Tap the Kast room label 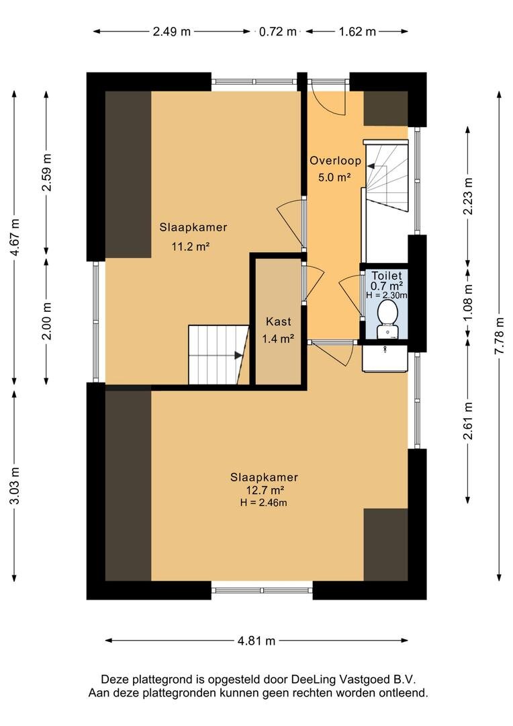[x=279, y=321]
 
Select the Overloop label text [x=335, y=161]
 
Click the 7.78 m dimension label [x=499, y=336]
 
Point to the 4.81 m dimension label [x=256, y=641]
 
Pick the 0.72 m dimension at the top [x=277, y=32]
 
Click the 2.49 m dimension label [x=172, y=32]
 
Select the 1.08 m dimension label [x=469, y=301]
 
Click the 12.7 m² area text [x=264, y=490]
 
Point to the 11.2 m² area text [x=191, y=246]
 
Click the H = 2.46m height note [x=264, y=503]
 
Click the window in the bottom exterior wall [x=262, y=590]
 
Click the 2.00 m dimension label [x=46, y=321]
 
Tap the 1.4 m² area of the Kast [x=279, y=339]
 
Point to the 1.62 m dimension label [x=357, y=32]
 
